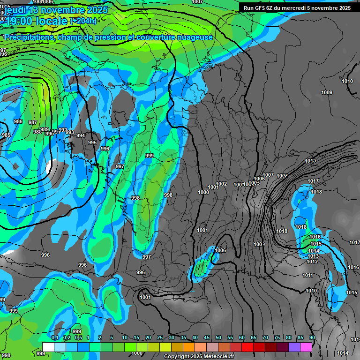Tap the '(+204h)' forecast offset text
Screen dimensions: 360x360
83,21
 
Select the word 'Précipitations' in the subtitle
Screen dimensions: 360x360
29,37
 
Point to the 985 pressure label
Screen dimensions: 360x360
6,135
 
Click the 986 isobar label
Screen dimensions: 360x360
18,122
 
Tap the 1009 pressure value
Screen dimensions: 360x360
327,93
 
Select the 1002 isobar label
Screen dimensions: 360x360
221,184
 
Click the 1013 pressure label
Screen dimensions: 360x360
313,256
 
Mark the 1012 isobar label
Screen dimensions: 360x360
312,262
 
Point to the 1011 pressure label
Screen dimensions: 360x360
307,276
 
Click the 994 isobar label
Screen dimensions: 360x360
81,136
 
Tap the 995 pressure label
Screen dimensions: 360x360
92,143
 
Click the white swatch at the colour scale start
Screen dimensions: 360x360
48,347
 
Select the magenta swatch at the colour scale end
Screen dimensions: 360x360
306,347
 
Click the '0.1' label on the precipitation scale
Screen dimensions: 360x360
54,338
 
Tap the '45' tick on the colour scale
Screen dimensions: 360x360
207,338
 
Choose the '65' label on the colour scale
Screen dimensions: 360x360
254,338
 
